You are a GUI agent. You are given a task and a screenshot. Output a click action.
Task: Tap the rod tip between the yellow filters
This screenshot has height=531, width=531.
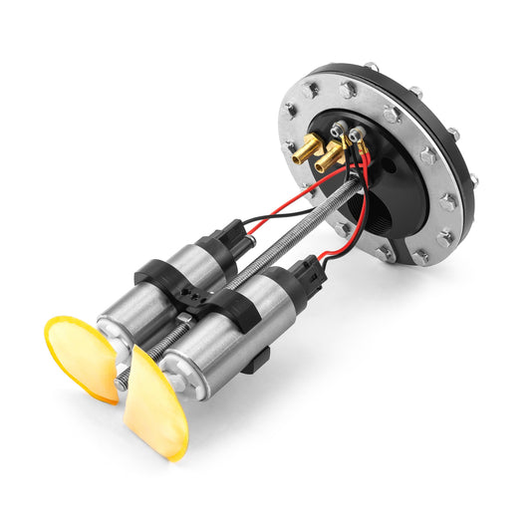pyautogui.click(x=123, y=378)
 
